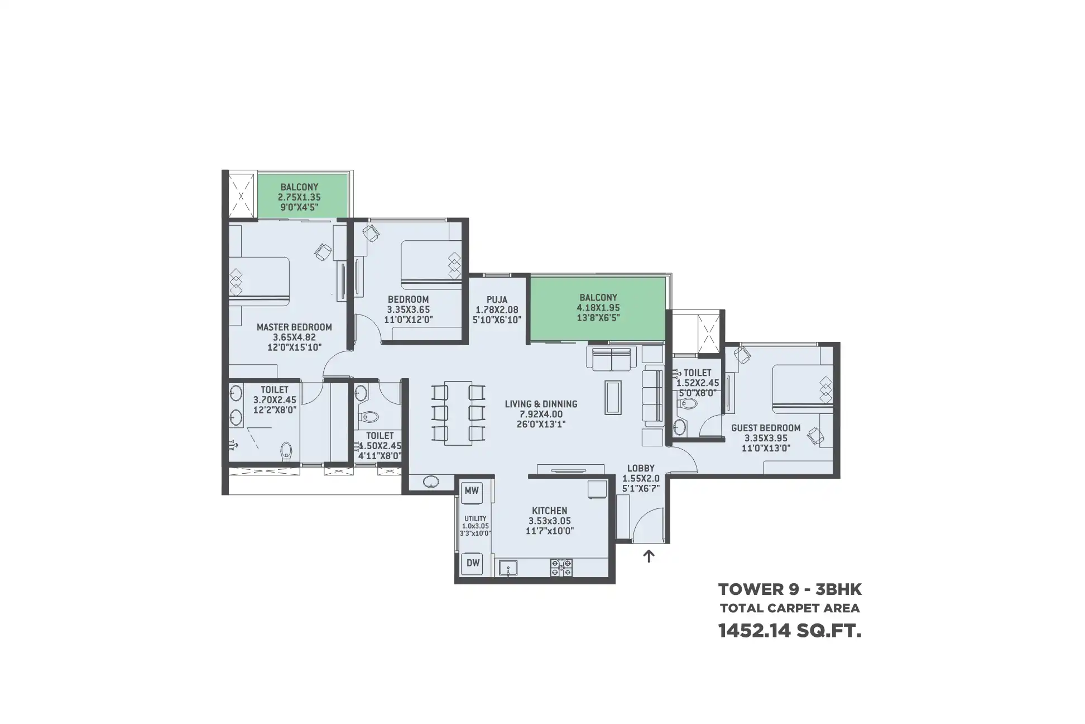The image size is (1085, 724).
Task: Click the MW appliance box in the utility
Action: (x=472, y=491)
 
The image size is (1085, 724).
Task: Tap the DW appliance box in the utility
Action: (x=473, y=563)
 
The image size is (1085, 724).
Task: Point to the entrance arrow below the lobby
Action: (x=649, y=556)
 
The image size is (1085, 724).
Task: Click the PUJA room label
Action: (x=497, y=299)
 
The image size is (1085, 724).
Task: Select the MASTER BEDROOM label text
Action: (x=294, y=327)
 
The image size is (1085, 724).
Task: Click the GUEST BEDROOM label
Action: (x=766, y=428)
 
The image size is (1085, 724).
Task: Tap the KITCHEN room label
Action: (x=549, y=511)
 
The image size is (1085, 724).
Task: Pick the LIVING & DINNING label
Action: (x=541, y=404)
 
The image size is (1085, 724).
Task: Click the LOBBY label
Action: (x=641, y=468)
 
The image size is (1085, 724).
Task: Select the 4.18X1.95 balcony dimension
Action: (x=598, y=308)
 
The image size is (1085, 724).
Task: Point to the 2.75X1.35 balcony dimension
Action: (x=299, y=197)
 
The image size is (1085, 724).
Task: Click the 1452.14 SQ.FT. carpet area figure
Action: (x=790, y=631)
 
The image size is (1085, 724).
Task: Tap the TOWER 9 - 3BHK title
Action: (x=790, y=589)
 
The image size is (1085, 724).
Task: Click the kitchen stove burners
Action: (x=561, y=567)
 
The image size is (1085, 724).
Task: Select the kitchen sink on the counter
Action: (x=508, y=568)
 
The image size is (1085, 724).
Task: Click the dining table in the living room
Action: (x=458, y=413)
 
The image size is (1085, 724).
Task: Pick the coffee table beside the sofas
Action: (x=614, y=397)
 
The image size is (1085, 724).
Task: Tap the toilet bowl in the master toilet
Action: (x=287, y=451)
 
